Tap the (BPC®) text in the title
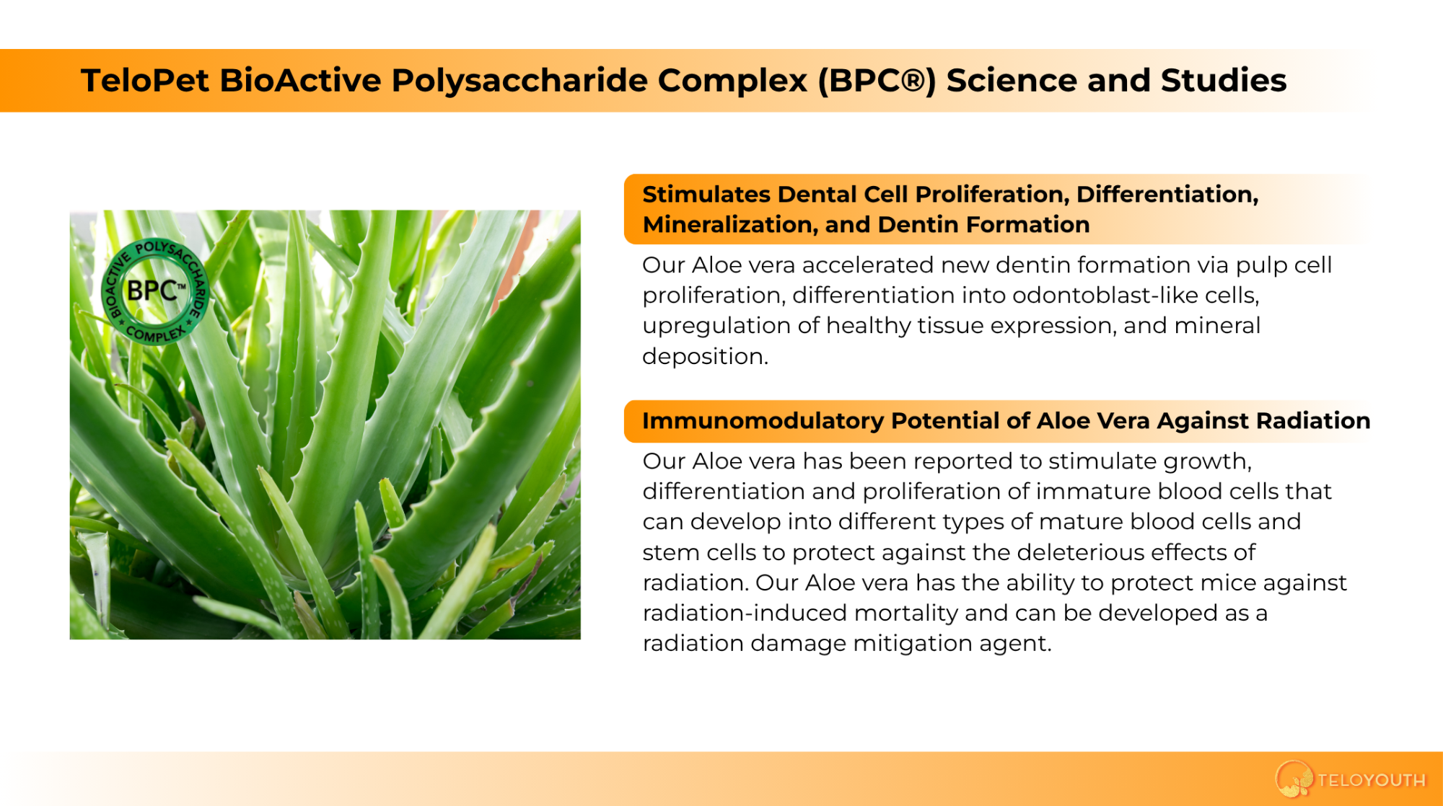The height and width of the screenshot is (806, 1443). tap(877, 81)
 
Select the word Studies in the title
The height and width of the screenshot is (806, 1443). tap(1224, 80)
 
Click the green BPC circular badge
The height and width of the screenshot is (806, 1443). tap(154, 291)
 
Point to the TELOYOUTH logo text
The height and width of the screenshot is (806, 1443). tap(1372, 780)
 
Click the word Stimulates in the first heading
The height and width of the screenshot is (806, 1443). tap(706, 194)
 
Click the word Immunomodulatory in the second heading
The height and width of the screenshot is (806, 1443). tap(763, 421)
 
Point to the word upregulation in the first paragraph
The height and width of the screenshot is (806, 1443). tap(716, 327)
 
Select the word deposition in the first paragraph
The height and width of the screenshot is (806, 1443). tap(705, 357)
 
